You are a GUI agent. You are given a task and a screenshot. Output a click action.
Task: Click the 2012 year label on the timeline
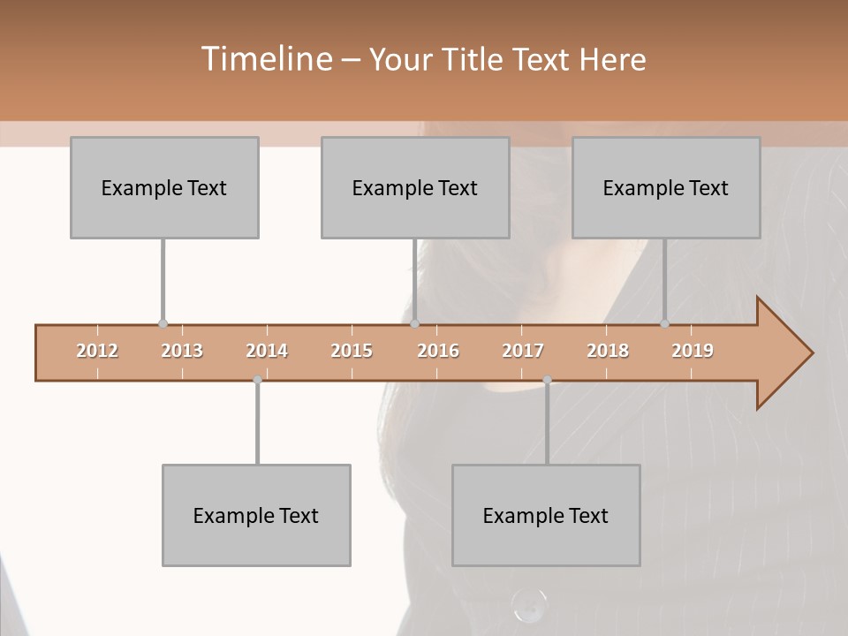pyautogui.click(x=97, y=351)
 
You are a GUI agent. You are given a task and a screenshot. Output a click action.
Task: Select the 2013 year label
pyautogui.click(x=182, y=351)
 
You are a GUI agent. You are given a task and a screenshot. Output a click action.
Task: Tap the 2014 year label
pyautogui.click(x=267, y=351)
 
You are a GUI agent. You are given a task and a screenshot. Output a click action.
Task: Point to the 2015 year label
pyautogui.click(x=352, y=351)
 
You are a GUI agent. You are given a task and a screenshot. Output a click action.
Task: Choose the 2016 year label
pyautogui.click(x=438, y=351)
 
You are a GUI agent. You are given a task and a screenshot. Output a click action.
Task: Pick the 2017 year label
pyautogui.click(x=523, y=351)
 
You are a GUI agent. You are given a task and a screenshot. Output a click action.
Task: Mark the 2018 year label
pyautogui.click(x=608, y=351)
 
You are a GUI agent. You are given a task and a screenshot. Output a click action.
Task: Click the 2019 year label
pyautogui.click(x=693, y=351)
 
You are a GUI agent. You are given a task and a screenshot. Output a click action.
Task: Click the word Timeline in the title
pyautogui.click(x=265, y=59)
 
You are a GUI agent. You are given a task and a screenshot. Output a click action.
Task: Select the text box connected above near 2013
pyautogui.click(x=164, y=187)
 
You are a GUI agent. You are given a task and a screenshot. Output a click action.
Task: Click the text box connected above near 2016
pyautogui.click(x=415, y=187)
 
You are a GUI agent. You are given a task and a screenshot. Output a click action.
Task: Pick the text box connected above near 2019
pyautogui.click(x=666, y=187)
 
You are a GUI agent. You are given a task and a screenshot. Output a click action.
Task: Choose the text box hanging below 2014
pyautogui.click(x=256, y=515)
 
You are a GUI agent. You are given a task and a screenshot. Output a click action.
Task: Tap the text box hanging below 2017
pyautogui.click(x=546, y=515)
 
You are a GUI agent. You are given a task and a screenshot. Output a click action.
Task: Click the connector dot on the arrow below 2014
pyautogui.click(x=257, y=380)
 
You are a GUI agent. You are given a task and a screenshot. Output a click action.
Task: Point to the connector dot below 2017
pyautogui.click(x=547, y=380)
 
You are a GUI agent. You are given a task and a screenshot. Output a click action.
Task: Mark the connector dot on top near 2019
pyautogui.click(x=664, y=323)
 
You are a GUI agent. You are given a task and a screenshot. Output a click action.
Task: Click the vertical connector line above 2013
pyautogui.click(x=163, y=281)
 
